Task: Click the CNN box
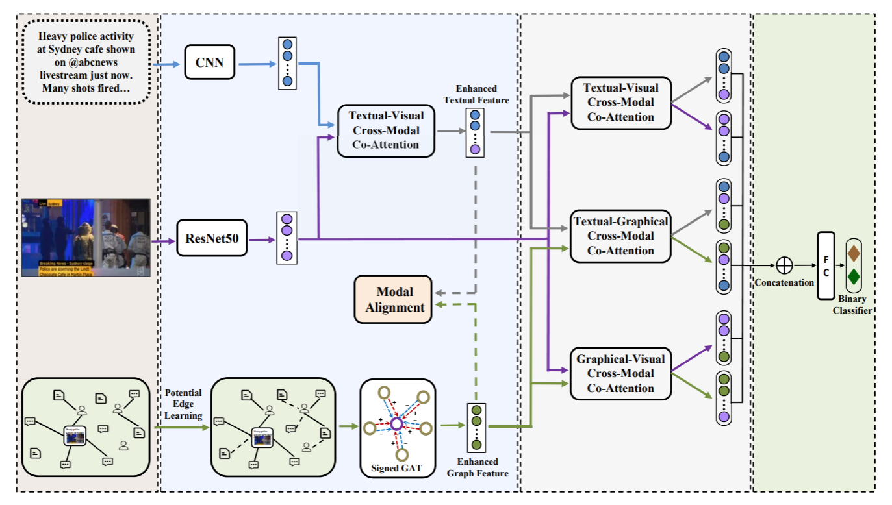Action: point(209,62)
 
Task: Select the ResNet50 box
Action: point(212,239)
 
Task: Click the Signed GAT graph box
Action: point(397,428)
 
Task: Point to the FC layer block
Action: point(826,265)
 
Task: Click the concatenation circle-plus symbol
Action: point(785,265)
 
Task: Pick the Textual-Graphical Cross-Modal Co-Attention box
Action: point(620,236)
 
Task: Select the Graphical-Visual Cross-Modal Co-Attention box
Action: point(620,373)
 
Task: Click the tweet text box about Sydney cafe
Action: point(86,62)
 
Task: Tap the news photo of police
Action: point(86,238)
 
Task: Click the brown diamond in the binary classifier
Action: point(854,251)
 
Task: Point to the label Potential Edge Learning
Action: point(183,404)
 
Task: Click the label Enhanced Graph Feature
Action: point(477,467)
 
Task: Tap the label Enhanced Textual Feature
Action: point(476,94)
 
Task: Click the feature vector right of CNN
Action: point(287,63)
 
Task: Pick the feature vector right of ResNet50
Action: point(287,238)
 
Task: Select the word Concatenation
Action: point(784,282)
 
